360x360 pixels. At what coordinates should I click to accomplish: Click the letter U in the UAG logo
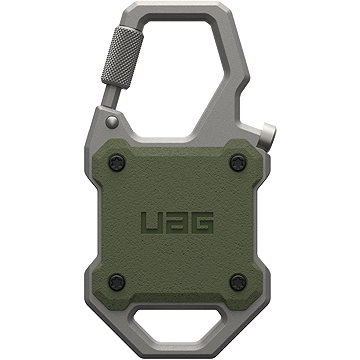tap(153, 223)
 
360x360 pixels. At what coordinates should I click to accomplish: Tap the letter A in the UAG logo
tap(180, 223)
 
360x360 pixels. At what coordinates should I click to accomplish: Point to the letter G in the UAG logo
tap(207, 223)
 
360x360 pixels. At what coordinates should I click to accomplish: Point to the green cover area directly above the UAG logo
tap(180, 180)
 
